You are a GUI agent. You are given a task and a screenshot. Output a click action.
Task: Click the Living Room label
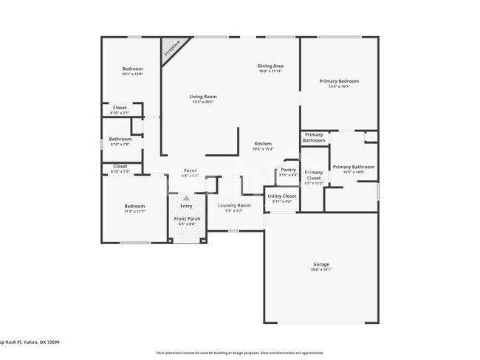point(202,97)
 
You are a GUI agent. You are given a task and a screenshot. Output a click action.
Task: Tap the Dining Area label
point(270,66)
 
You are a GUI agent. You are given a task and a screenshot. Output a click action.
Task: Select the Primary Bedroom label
point(339,81)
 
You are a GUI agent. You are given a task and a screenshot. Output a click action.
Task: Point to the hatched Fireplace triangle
point(172,49)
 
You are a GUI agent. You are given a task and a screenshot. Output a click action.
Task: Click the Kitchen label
point(263,144)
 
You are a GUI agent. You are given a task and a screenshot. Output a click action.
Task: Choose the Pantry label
point(288,170)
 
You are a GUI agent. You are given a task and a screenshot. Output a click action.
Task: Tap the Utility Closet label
point(282,196)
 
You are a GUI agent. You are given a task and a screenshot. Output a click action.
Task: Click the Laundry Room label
point(233,205)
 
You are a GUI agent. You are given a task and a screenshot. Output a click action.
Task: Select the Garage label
point(321,264)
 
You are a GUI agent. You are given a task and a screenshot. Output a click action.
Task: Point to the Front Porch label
point(187,218)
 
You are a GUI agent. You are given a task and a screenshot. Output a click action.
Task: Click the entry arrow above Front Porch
point(186,198)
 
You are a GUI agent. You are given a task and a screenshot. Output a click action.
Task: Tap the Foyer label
point(190,170)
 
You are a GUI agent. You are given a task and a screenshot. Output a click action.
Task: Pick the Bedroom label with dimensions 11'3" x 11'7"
point(134,206)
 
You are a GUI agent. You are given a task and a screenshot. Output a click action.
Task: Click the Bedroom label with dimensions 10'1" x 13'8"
point(132,69)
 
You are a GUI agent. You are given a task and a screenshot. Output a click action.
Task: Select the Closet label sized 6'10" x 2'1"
point(120,108)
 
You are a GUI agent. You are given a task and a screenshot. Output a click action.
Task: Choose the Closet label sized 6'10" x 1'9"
point(120,166)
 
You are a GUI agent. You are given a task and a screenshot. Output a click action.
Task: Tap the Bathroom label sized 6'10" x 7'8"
point(120,139)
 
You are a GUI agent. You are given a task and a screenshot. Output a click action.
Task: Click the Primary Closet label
point(314,175)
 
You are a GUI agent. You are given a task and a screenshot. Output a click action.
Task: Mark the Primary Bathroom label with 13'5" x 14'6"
point(353,167)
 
